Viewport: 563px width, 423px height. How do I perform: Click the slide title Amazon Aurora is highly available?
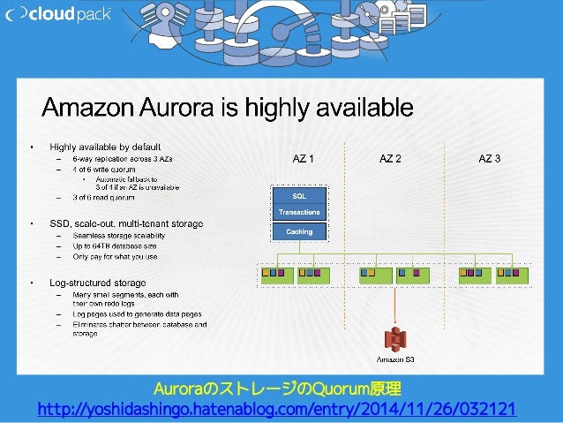click(x=229, y=108)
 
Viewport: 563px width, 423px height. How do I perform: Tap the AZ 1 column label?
click(x=303, y=158)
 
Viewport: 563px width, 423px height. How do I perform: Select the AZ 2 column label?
click(x=390, y=158)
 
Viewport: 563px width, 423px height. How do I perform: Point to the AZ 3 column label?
click(x=489, y=158)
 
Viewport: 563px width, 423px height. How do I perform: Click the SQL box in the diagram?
click(x=299, y=196)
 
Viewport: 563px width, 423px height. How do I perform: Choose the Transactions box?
click(x=299, y=212)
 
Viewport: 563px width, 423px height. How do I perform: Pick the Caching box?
click(x=299, y=231)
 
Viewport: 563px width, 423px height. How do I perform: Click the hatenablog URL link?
click(x=275, y=409)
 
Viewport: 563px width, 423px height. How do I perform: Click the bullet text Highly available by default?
click(x=105, y=147)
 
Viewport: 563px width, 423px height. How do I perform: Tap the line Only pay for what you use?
click(x=116, y=257)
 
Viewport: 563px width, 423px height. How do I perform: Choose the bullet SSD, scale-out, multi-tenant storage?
click(x=126, y=223)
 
